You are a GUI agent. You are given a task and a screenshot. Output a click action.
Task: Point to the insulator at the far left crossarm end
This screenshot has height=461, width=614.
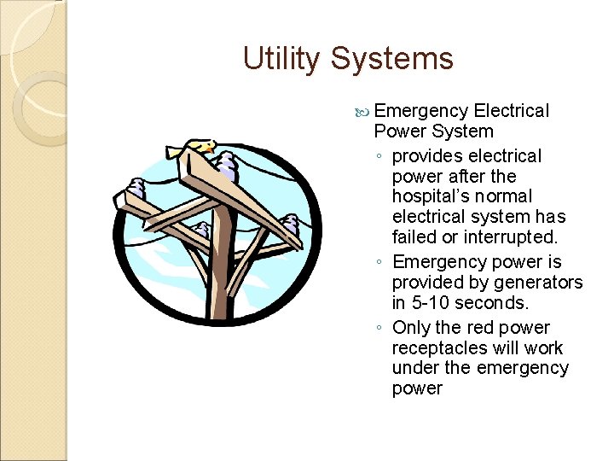pyautogui.click(x=136, y=188)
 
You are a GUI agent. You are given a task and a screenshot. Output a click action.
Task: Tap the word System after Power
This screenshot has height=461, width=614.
pyautogui.click(x=462, y=131)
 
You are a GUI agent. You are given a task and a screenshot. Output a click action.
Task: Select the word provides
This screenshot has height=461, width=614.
pyautogui.click(x=429, y=156)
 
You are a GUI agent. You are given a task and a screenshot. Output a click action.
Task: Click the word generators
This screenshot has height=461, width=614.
pyautogui.click(x=532, y=283)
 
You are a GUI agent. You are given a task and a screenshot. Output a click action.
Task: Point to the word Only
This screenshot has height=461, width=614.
pyautogui.click(x=410, y=328)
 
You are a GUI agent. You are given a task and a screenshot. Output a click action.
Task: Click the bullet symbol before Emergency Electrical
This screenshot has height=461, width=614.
pyautogui.click(x=364, y=112)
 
